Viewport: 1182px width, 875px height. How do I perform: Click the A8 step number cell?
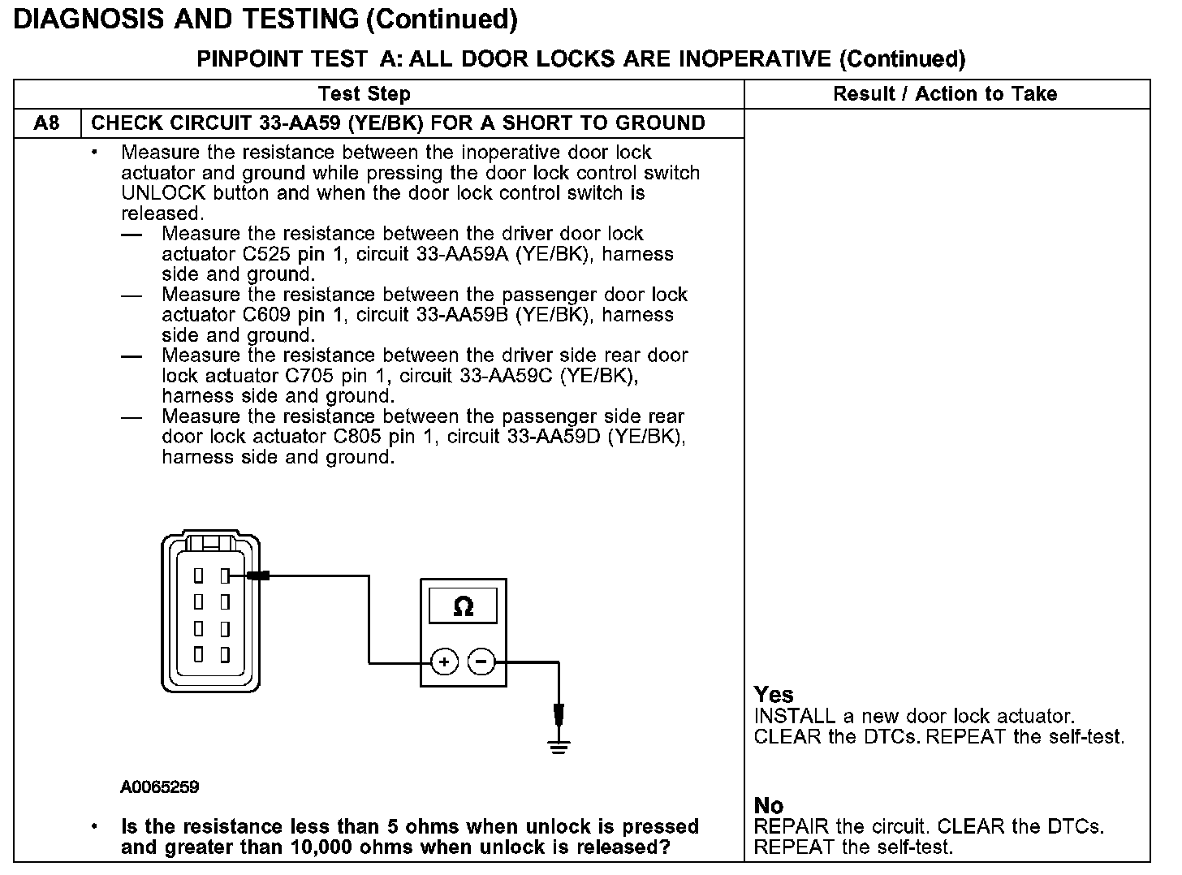click(47, 123)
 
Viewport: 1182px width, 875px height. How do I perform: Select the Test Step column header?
click(365, 94)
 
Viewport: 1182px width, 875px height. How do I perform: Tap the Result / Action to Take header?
click(945, 94)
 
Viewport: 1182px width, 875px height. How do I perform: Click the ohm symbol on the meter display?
click(463, 606)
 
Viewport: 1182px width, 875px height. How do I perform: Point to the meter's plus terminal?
click(444, 663)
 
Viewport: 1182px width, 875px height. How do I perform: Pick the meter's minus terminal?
click(481, 663)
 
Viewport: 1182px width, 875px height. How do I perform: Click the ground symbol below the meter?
click(559, 744)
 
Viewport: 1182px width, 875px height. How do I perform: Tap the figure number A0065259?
click(160, 787)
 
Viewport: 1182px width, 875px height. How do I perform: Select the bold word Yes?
click(774, 695)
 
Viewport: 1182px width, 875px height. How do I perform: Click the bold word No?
click(769, 805)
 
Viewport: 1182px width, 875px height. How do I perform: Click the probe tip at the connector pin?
click(258, 575)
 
